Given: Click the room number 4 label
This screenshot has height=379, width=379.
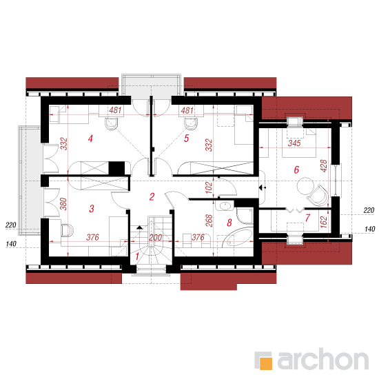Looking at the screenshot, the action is coord(90,139).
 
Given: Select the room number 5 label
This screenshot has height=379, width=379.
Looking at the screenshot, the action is coord(186,139).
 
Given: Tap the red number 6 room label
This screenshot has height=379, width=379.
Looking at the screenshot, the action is coord(296,170).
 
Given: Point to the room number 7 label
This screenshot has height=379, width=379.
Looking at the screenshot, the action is coord(307,218).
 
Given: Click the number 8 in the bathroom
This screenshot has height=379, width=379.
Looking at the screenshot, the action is coord(229,223).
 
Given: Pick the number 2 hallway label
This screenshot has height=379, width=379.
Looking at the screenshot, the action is coord(152,196).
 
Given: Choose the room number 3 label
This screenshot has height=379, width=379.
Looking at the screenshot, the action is coord(92,208).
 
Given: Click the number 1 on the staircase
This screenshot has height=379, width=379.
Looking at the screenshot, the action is coord(137,256).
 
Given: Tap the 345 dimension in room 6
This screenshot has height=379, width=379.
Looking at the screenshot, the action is coord(294,143).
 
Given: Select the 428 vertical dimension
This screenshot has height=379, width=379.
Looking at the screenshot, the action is coord(323,166).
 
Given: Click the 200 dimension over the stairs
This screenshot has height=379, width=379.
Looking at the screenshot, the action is coord(155,237).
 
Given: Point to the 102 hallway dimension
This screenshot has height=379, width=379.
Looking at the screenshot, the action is coord(208,187).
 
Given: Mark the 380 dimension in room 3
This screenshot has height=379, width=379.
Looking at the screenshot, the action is coord(63,204).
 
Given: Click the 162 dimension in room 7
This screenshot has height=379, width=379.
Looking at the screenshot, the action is coord(323,222).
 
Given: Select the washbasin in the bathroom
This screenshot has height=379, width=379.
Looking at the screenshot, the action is coord(225,206).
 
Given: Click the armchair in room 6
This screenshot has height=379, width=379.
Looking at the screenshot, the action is coord(318,195).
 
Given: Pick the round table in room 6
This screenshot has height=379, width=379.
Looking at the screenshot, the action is coord(305,185).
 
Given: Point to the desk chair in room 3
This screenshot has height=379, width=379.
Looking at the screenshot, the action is coord(68,230).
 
